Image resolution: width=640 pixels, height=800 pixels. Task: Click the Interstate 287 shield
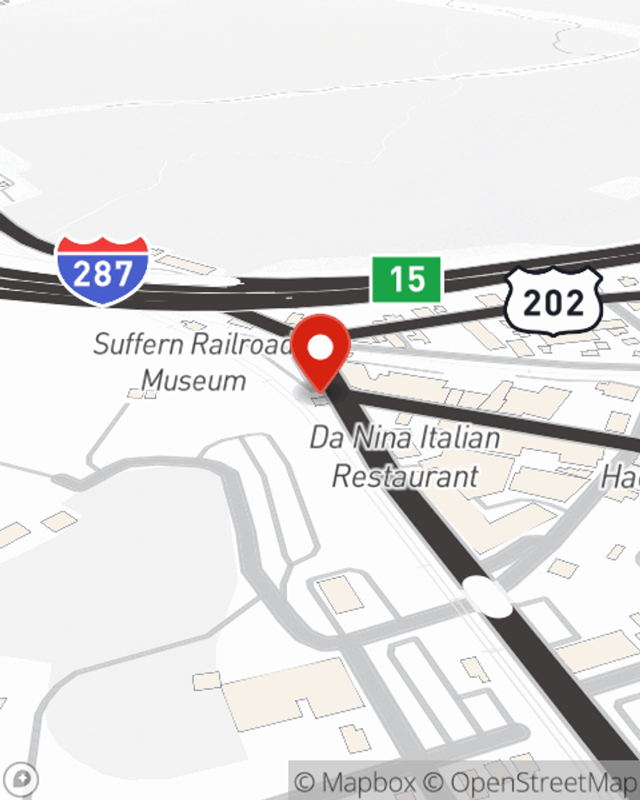[x=102, y=271]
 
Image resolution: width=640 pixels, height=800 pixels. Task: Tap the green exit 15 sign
[x=406, y=279]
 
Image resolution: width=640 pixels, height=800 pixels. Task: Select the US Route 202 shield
[x=554, y=301]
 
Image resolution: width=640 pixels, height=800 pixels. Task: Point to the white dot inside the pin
[x=320, y=348]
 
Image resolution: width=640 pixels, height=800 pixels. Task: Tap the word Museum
[x=194, y=380]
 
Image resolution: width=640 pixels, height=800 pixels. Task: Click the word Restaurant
[x=405, y=476]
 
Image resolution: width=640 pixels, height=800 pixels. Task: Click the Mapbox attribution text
[x=368, y=782]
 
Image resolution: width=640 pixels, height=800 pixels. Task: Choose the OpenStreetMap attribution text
[x=543, y=782]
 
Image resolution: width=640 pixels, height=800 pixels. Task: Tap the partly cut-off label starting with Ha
[x=620, y=476]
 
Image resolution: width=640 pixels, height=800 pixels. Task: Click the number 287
[x=102, y=274]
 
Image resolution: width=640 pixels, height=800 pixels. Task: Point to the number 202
[x=554, y=303]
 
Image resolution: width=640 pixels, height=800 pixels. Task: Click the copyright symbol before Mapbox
[x=305, y=782]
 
